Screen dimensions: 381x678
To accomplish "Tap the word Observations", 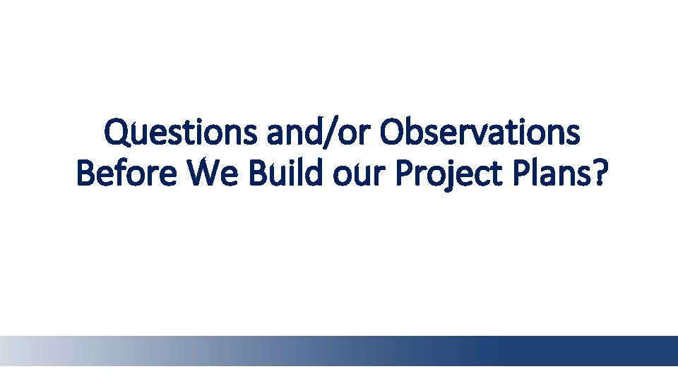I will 480,133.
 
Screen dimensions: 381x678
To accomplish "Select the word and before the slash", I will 299,133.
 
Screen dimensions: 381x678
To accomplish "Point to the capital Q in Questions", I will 116,133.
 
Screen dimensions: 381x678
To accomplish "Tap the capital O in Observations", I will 391,133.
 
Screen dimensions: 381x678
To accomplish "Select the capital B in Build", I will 256,173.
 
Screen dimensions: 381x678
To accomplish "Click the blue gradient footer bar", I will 339,350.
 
